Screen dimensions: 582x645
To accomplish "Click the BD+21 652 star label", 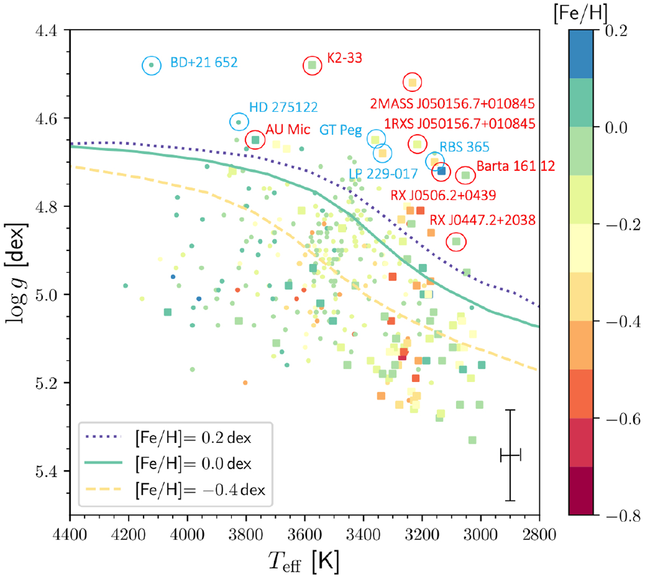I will pos(204,62).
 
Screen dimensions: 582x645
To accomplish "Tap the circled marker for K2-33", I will pos(312,65).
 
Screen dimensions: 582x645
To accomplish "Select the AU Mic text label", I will pos(288,130).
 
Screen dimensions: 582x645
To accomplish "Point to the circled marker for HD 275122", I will pos(239,122).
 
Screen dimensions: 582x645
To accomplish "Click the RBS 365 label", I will pos(464,147).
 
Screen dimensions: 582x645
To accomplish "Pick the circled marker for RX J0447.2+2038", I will pos(456,242).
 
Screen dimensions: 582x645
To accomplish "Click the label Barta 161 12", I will pos(515,166).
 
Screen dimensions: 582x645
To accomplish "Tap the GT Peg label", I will pos(340,131).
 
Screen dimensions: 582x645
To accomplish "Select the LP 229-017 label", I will pos(383,174).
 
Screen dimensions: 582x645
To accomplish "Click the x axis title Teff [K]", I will pos(304,562).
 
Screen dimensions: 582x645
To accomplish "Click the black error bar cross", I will pos(510,456).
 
